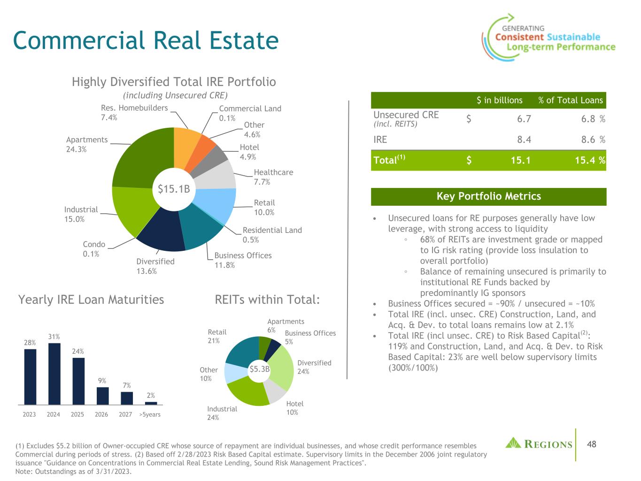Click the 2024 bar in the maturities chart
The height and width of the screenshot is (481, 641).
click(54, 374)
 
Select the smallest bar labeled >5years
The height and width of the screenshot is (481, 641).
click(151, 403)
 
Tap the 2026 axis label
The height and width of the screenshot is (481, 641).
click(101, 414)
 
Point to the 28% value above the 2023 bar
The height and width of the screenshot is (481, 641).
click(30, 342)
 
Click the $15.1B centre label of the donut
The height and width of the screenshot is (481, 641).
click(174, 189)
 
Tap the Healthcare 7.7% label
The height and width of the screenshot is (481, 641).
click(273, 177)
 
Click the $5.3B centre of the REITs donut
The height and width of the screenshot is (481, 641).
click(259, 369)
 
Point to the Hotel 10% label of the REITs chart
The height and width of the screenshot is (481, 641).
click(294, 408)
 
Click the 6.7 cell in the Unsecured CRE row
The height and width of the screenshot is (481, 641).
click(524, 119)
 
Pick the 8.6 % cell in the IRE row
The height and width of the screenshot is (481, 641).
click(593, 140)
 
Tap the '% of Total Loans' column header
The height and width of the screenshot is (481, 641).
click(571, 100)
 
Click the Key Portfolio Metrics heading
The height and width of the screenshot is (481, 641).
click(488, 196)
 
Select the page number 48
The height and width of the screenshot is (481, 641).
click(591, 444)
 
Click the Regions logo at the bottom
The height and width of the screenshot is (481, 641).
click(539, 443)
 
